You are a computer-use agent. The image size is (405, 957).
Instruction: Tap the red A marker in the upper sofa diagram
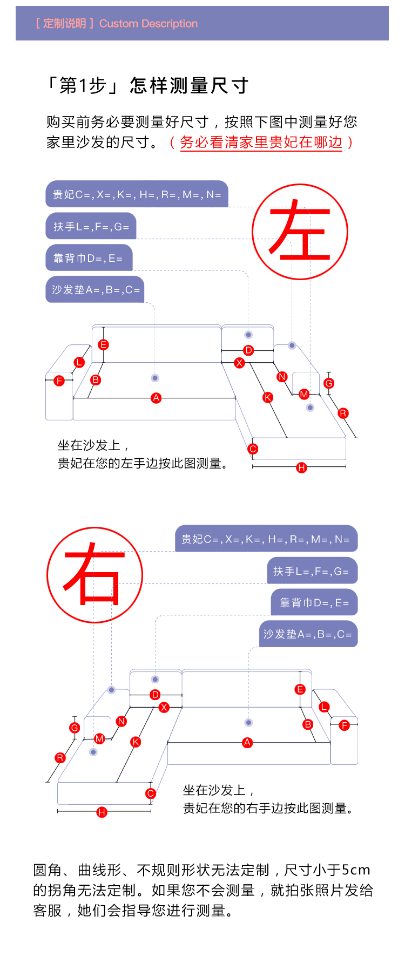pyautogui.click(x=156, y=398)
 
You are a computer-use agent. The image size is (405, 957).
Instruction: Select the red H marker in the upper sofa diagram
pyautogui.click(x=301, y=467)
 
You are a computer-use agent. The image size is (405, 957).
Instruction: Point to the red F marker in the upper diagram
pyautogui.click(x=59, y=381)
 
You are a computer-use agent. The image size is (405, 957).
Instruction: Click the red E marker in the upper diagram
pyautogui.click(x=103, y=344)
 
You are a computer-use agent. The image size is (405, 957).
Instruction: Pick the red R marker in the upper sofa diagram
pyautogui.click(x=343, y=413)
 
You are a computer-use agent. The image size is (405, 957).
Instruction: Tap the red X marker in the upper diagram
pyautogui.click(x=239, y=363)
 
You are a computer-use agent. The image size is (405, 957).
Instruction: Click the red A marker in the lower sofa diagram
pyautogui.click(x=247, y=743)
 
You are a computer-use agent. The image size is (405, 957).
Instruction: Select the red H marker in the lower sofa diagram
pyautogui.click(x=102, y=812)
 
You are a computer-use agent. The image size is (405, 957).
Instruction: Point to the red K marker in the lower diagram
pyautogui.click(x=136, y=742)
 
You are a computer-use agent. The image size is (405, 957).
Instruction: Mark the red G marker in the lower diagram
pyautogui.click(x=75, y=728)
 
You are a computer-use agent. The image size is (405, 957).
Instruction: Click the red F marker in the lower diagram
pyautogui.click(x=345, y=725)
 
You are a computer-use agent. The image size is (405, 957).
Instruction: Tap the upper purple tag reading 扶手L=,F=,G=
pyautogui.click(x=91, y=226)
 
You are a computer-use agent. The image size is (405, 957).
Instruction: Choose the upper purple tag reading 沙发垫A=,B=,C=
pyautogui.click(x=95, y=289)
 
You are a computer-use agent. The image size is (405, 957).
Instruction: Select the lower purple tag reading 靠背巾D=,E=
pyautogui.click(x=314, y=602)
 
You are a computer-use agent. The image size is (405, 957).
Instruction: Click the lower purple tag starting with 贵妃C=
pyautogui.click(x=266, y=539)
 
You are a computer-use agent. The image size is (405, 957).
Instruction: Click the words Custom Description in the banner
pyautogui.click(x=148, y=23)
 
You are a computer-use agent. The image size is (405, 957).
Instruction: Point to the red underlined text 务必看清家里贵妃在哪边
pyautogui.click(x=261, y=142)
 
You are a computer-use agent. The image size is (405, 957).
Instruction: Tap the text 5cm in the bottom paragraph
pyautogui.click(x=356, y=870)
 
